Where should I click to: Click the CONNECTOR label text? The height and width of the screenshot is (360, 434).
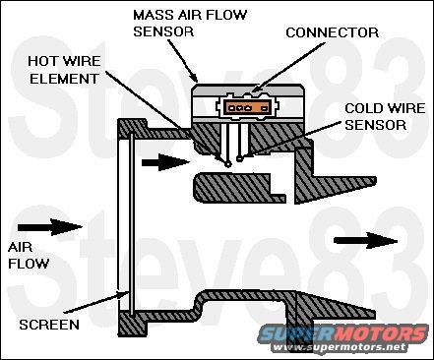(x=333, y=32)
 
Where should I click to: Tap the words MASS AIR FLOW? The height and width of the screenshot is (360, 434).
(x=190, y=15)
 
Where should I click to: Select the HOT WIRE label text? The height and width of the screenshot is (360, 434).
(x=64, y=61)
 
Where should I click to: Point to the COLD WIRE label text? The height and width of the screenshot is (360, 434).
(x=385, y=108)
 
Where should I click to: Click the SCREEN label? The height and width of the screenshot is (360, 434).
(x=49, y=325)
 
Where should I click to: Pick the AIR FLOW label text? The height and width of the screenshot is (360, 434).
(x=29, y=256)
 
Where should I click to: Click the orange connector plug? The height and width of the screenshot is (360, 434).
(x=247, y=107)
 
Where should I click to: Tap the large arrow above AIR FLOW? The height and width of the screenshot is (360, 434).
(x=49, y=227)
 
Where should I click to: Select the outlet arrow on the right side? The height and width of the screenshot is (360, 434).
(x=365, y=241)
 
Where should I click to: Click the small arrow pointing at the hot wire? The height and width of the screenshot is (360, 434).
(x=165, y=162)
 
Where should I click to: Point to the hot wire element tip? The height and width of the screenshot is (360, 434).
(x=228, y=163)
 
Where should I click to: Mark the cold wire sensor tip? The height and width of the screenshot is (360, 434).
(x=240, y=158)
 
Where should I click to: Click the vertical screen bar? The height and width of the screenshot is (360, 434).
(x=132, y=223)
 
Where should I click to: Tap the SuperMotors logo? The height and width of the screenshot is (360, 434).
(x=343, y=333)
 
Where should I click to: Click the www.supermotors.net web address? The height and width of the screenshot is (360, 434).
(x=340, y=347)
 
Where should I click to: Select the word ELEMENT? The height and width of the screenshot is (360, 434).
(x=64, y=79)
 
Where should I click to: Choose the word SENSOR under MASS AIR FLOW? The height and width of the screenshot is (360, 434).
(x=163, y=31)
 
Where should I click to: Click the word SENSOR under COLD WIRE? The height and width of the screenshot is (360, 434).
(x=375, y=125)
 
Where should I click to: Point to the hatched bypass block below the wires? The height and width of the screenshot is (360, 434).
(x=239, y=187)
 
